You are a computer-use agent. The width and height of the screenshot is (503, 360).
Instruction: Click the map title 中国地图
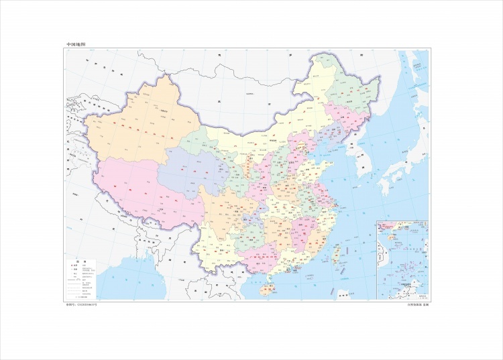(x=76, y=44)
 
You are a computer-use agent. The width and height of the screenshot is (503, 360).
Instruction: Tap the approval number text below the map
(x=81, y=304)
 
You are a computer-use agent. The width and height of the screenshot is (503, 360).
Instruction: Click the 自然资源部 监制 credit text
(x=416, y=304)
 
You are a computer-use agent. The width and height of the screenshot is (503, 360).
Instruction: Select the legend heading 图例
(x=77, y=261)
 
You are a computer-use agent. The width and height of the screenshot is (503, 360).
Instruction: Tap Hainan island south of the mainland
(x=267, y=290)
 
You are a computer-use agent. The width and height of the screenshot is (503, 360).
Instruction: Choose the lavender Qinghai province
(x=194, y=168)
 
